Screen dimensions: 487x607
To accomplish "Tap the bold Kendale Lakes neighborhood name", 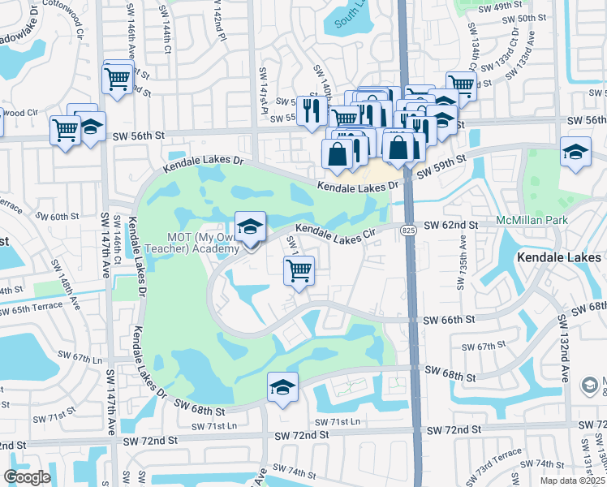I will [559, 258].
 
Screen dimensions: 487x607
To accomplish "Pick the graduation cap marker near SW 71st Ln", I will [282, 387].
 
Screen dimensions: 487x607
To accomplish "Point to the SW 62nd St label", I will [450, 224].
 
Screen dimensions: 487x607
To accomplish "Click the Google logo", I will [27, 477].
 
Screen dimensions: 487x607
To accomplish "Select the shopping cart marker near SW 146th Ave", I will [117, 79].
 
